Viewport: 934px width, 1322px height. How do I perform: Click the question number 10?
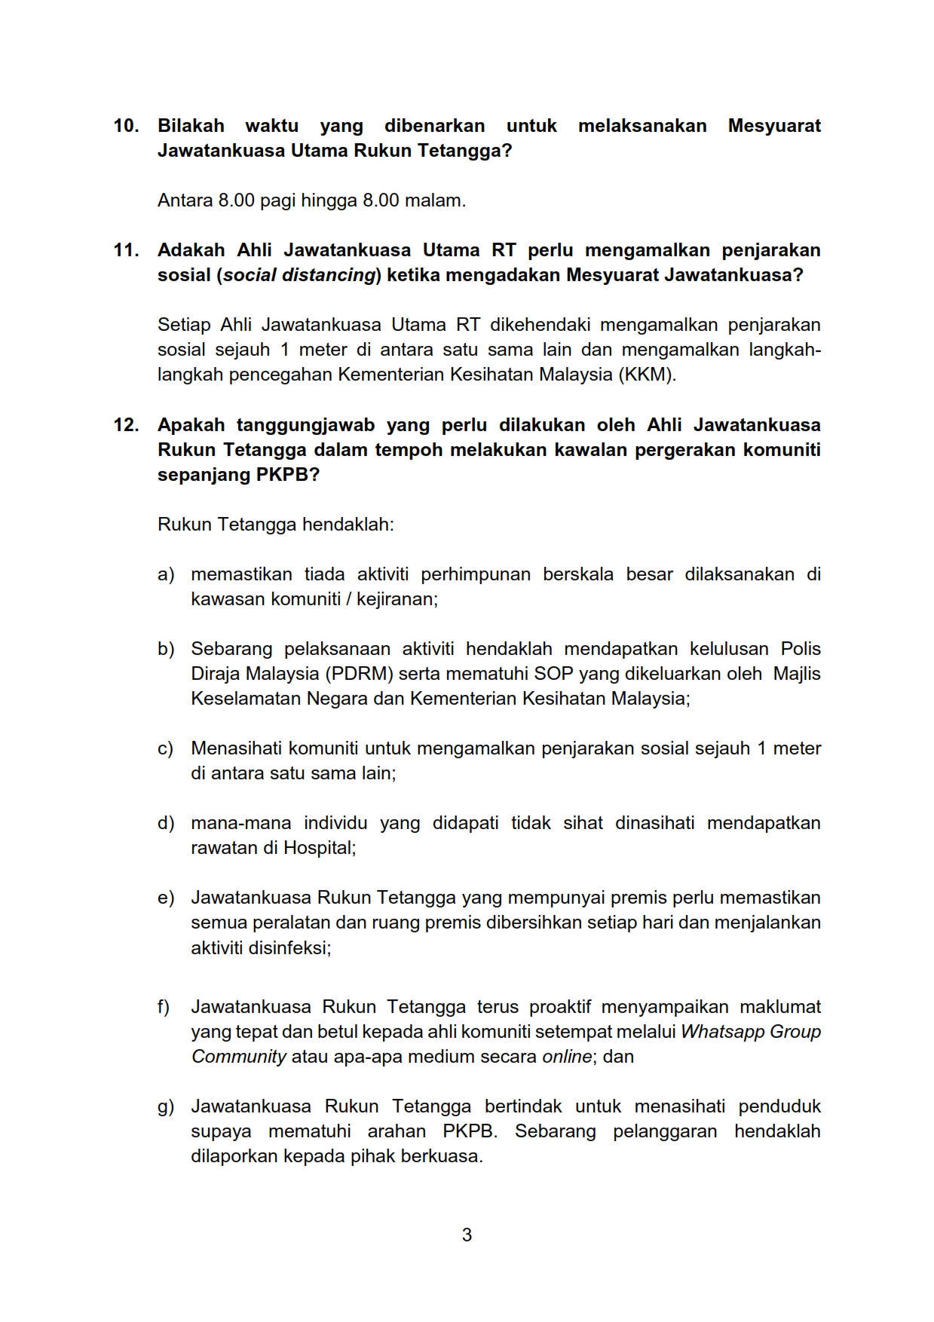point(126,126)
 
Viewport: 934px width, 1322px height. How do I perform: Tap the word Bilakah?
point(191,126)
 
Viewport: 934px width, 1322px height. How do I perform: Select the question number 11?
point(126,250)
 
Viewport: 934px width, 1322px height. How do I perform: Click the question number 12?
point(126,425)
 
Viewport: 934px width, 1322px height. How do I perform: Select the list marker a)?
point(166,574)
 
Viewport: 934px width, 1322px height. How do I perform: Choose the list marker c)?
point(165,748)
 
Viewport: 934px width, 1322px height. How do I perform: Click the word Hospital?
point(317,848)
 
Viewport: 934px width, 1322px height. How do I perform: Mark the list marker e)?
point(166,898)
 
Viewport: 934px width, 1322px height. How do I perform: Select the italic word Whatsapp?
point(718,1032)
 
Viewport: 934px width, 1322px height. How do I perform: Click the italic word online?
point(567,1057)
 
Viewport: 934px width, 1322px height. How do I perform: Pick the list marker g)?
point(166,1106)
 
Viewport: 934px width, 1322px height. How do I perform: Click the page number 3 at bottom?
point(467,1235)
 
